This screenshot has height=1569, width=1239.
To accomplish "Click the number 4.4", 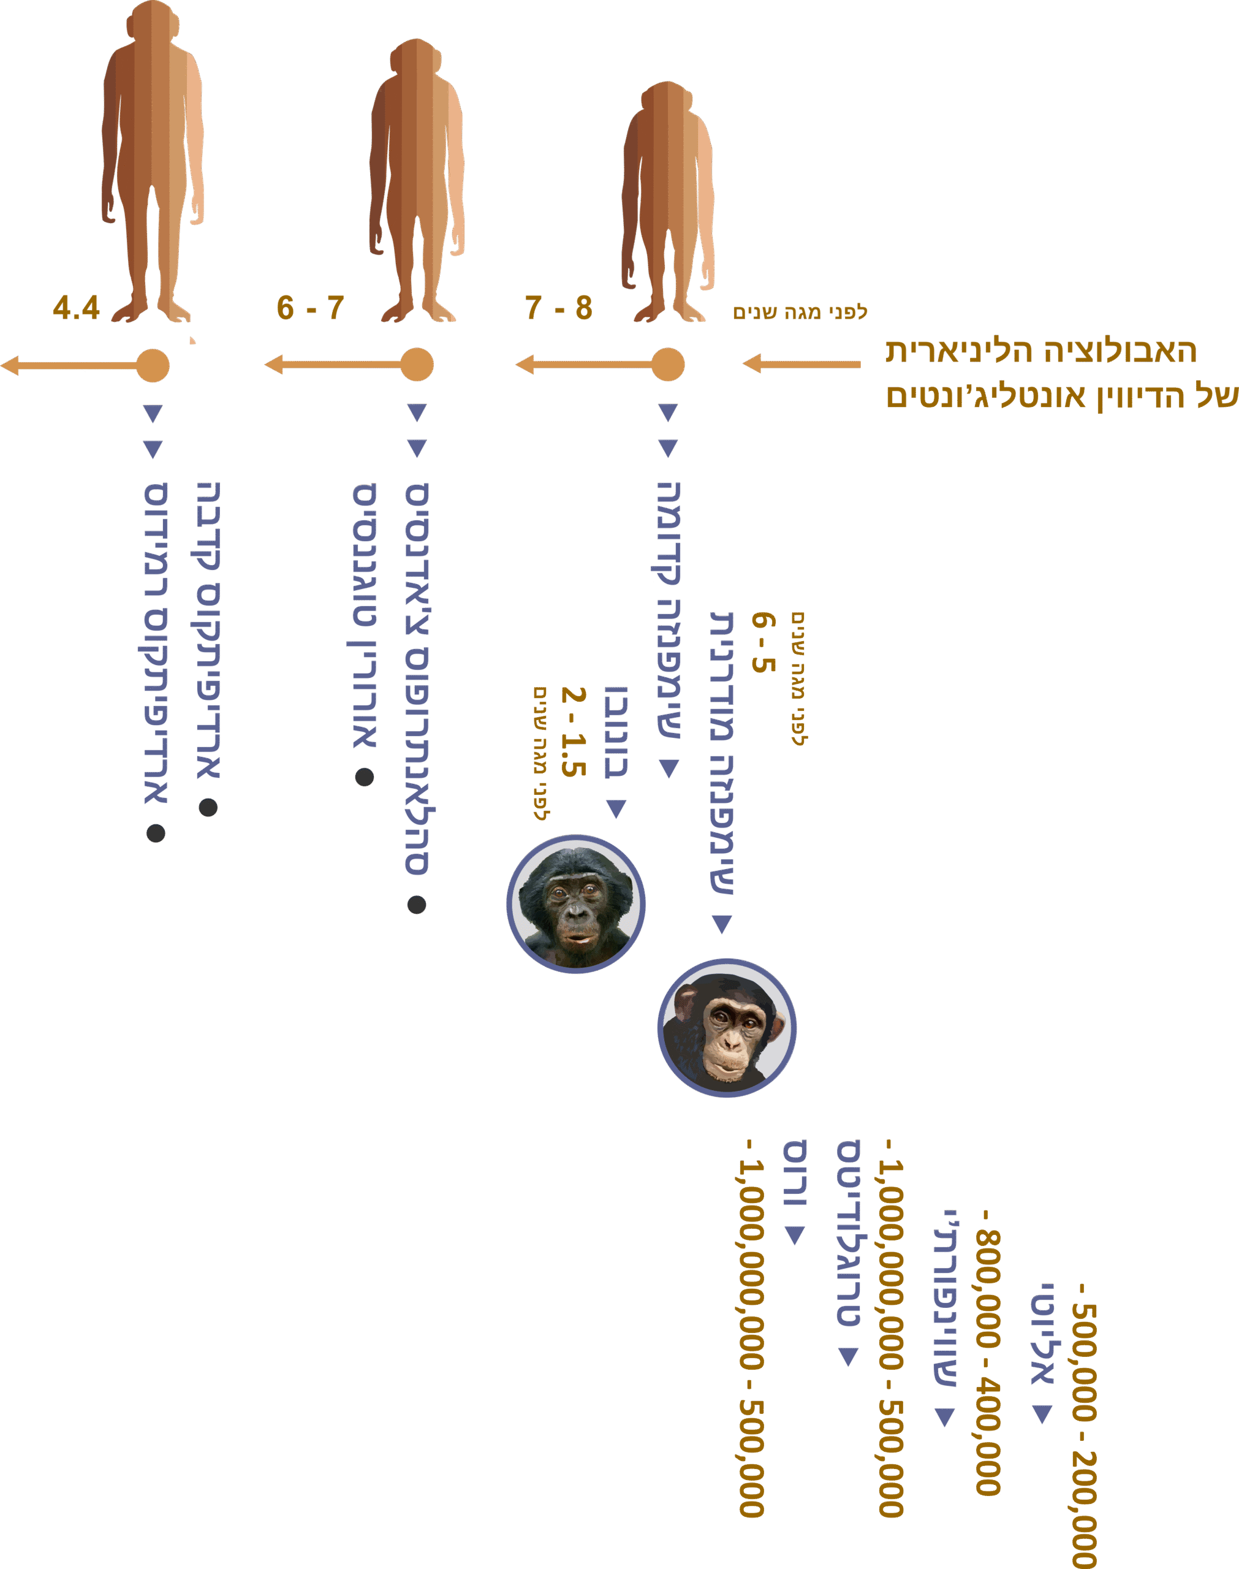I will tap(75, 308).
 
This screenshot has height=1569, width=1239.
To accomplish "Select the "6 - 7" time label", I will tap(310, 308).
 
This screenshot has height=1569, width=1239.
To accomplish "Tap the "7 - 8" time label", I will tap(559, 308).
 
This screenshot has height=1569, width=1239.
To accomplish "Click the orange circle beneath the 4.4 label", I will tap(153, 365).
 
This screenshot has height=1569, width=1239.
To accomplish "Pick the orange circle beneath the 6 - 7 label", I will tap(417, 364).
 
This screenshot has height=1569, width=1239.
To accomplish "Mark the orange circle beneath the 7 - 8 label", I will tap(668, 364).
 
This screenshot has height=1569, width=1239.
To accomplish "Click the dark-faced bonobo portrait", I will tap(576, 904).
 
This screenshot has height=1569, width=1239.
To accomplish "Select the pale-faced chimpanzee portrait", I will tap(727, 1028).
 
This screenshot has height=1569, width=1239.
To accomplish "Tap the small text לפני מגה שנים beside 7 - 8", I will tap(800, 313).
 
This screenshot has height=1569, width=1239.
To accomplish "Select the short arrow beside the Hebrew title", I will tap(801, 363).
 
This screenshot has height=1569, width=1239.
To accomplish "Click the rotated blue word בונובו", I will tap(616, 732).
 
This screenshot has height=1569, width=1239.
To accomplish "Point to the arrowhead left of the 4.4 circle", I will tap(10, 365).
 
